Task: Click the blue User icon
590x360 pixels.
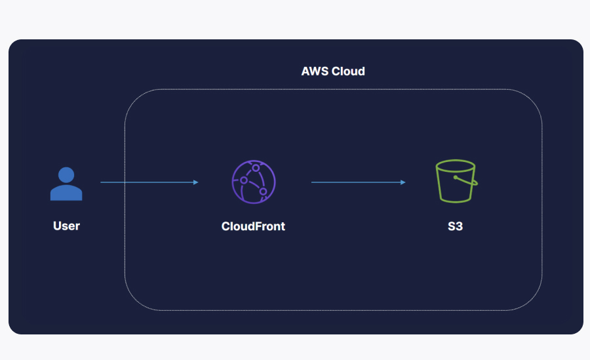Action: click(x=66, y=184)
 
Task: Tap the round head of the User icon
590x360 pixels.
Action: click(x=66, y=174)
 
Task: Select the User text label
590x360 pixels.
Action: click(x=66, y=226)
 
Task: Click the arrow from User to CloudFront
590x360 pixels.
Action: click(x=149, y=182)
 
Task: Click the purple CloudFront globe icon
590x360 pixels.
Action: click(x=253, y=182)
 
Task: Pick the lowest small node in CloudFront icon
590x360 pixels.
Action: click(x=264, y=192)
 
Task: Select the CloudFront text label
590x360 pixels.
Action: click(x=253, y=226)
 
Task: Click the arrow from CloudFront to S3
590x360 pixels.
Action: click(x=358, y=182)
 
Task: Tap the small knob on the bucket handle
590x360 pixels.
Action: click(x=457, y=177)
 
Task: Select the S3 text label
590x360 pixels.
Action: click(x=455, y=226)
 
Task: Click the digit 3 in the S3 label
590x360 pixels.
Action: click(x=460, y=226)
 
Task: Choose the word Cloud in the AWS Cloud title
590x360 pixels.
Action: click(x=348, y=71)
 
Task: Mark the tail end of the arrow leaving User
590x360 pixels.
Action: click(x=102, y=182)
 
